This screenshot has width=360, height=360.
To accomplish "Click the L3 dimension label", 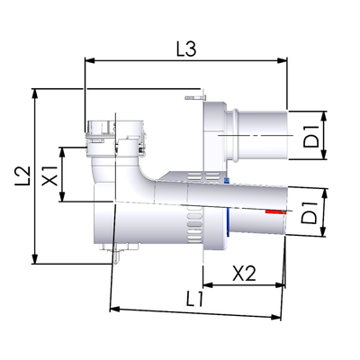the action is (186, 49).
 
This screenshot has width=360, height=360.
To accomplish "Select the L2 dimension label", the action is (22, 175).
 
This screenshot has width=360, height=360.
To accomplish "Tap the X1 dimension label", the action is (49, 175).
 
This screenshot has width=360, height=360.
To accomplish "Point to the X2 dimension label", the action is (245, 274).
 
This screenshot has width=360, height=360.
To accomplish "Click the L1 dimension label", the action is (194, 299).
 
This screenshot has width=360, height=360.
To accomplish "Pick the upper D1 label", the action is (310, 137).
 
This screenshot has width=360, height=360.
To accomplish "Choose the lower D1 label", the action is (310, 213).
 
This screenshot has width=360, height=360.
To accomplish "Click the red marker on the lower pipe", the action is (275, 212).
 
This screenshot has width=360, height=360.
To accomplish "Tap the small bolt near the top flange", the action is (195, 98).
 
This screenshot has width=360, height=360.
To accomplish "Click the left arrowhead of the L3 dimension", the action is (90, 60).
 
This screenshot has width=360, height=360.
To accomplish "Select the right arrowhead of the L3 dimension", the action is (283, 60).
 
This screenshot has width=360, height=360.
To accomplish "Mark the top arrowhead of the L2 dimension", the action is (35, 94).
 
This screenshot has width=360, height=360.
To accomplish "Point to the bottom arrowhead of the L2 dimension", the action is (35, 259).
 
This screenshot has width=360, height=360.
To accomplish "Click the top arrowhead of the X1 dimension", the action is (62, 152).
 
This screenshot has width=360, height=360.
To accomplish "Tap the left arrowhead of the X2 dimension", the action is (208, 285).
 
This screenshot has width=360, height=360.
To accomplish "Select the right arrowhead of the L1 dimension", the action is (275, 317).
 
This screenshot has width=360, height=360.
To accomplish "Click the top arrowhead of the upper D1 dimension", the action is (324, 116).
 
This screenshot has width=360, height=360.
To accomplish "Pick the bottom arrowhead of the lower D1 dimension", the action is (323, 232).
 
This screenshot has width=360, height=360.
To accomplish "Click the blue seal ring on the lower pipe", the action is (228, 221).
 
